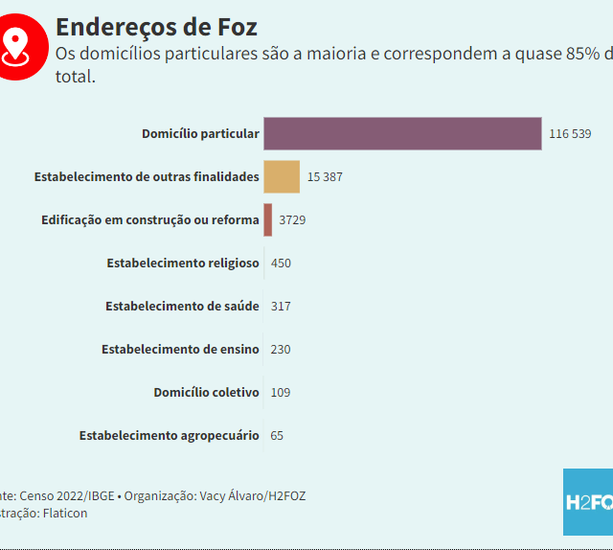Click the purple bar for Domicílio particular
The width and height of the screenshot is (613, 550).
point(402,133)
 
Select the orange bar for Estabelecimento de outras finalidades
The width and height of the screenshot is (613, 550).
point(282,177)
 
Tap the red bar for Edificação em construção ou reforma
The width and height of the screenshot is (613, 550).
point(268,219)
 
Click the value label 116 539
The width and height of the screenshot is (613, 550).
point(570,134)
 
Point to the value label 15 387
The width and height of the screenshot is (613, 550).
point(325,177)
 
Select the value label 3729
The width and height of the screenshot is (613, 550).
point(292,220)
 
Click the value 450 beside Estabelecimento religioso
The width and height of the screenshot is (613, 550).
point(281,263)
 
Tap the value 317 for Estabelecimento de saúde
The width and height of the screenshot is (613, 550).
point(281,306)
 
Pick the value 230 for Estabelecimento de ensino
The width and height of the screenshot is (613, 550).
point(281,349)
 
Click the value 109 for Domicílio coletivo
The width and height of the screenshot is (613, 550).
point(281,392)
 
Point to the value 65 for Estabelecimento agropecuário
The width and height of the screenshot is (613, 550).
point(277,435)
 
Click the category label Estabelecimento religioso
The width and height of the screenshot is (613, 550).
point(183,263)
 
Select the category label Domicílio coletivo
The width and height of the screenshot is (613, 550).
point(206,392)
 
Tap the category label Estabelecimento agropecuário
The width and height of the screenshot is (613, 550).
point(169,435)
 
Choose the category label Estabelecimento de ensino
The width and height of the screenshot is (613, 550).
point(180,349)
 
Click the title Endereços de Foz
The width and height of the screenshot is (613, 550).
point(156,27)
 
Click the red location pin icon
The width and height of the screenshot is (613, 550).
point(16,45)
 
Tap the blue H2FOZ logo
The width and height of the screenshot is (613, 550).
point(587,501)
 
